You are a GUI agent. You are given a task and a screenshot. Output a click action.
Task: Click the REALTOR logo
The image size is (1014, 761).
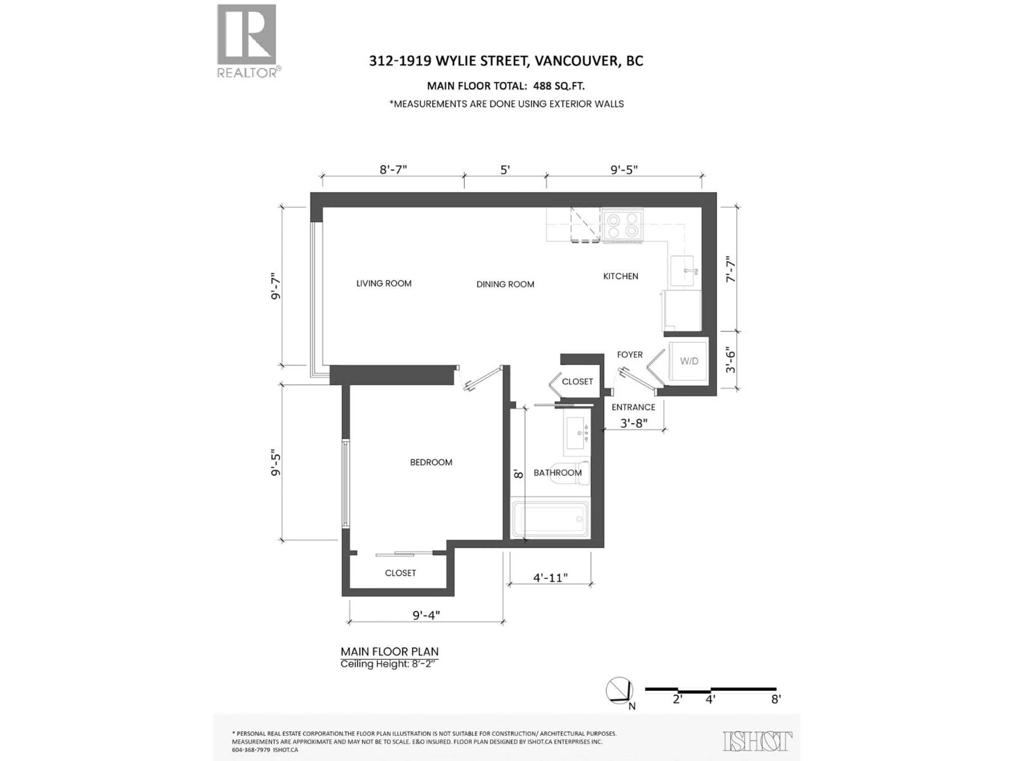pos(247,40)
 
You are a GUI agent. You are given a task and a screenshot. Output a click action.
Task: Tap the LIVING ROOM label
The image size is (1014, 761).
pos(384,284)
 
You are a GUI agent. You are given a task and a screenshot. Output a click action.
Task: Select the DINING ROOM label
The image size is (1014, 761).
pos(505,284)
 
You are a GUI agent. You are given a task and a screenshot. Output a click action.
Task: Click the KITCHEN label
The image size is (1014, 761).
pos(620,276)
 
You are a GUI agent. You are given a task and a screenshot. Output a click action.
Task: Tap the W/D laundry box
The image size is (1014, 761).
pos(688,361)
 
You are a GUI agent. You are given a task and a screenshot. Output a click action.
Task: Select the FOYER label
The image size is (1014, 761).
pos(630,355)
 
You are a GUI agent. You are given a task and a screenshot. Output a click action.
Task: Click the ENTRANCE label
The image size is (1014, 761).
pos(633,407)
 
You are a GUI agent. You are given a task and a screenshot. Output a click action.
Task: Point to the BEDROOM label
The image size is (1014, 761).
pos(431,462)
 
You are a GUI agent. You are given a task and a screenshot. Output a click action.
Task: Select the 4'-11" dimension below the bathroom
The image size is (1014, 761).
pos(550,578)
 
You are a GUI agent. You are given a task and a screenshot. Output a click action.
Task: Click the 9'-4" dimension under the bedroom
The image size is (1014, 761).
pos(426,615)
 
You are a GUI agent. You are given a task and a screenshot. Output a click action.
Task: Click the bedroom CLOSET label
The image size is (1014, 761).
pos(400,573)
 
